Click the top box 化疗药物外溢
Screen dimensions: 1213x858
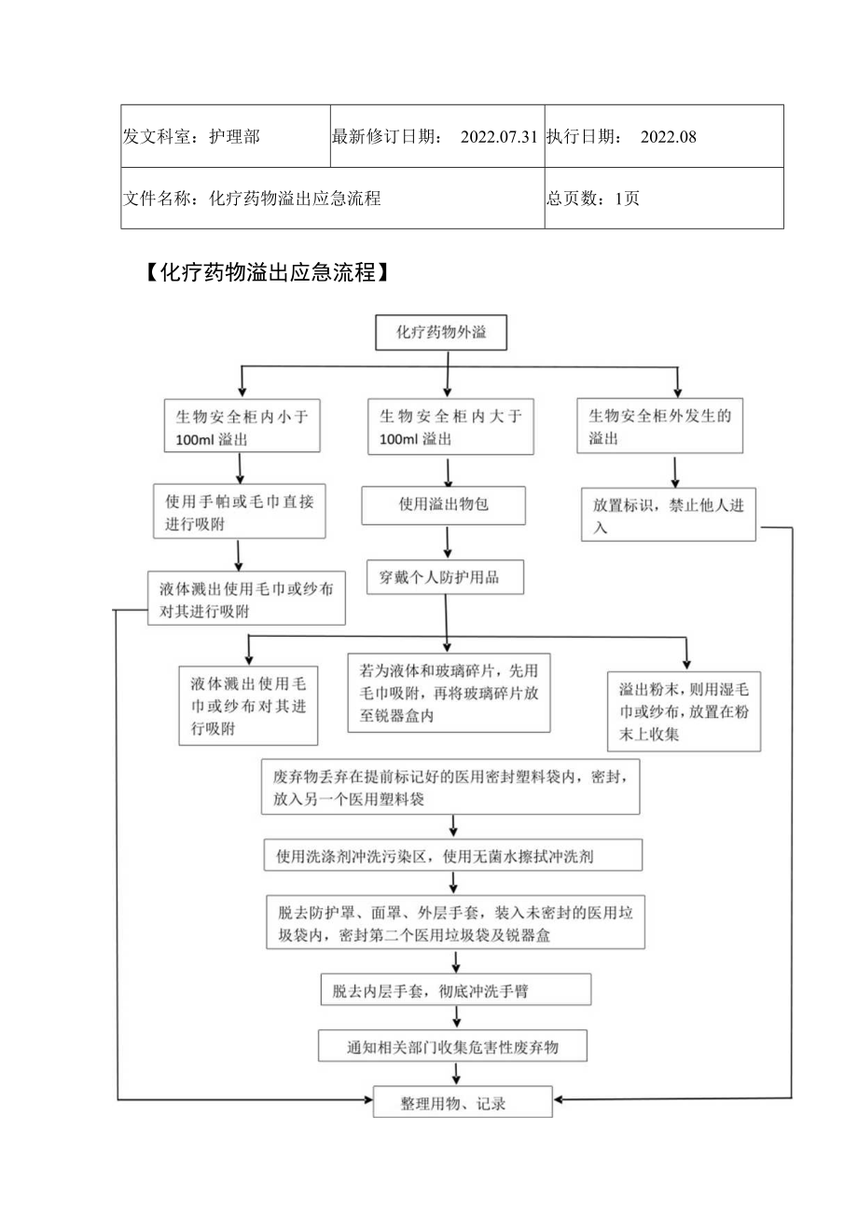(x=441, y=332)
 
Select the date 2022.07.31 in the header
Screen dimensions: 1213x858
(x=498, y=137)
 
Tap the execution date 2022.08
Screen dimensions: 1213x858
(x=669, y=137)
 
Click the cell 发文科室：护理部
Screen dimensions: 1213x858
(x=192, y=137)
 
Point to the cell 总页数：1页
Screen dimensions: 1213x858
(x=593, y=199)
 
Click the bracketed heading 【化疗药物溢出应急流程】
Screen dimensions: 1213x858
(x=264, y=273)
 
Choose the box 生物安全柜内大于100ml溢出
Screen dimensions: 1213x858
(x=450, y=427)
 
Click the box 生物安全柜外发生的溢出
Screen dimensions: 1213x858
(x=659, y=427)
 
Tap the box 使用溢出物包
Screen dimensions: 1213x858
(x=444, y=504)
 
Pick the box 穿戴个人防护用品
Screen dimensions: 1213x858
(x=446, y=577)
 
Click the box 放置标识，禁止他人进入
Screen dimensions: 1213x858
(x=668, y=515)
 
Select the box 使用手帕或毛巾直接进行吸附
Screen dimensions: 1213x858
(x=239, y=512)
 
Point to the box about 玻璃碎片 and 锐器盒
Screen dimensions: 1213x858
(x=449, y=692)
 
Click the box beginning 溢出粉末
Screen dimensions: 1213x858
(x=683, y=711)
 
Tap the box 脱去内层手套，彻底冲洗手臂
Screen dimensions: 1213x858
(x=455, y=990)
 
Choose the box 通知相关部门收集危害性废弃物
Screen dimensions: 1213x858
(x=453, y=1046)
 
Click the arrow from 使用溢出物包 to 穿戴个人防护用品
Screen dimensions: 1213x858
(x=449, y=543)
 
